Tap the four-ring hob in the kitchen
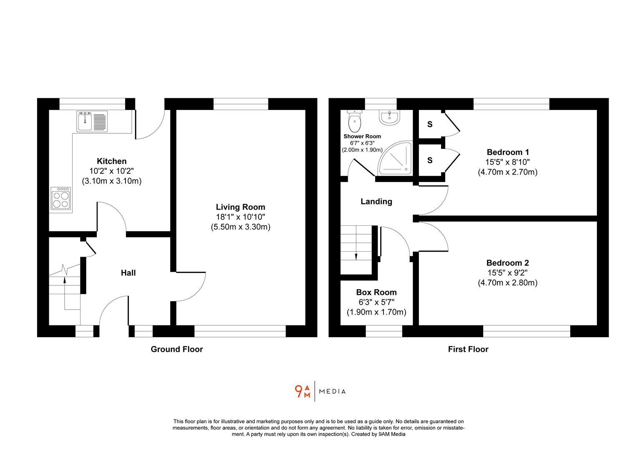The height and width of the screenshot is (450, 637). tap(61, 199)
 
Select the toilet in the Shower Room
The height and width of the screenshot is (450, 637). tap(355, 121)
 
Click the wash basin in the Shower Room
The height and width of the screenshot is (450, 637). tap(389, 117)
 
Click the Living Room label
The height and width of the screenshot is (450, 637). tap(241, 207)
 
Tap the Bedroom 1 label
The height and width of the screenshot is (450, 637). tap(507, 152)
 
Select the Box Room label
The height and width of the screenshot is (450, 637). tap(376, 292)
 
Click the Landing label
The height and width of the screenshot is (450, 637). tap(376, 202)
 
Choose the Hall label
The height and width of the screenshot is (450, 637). tap(128, 273)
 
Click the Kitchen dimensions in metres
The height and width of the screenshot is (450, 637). tap(112, 181)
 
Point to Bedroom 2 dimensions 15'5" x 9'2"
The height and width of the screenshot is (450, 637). tap(507, 273)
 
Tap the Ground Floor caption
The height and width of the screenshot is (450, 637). tap(177, 349)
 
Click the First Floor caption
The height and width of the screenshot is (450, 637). tap(468, 349)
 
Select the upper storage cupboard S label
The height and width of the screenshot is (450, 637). tap(429, 124)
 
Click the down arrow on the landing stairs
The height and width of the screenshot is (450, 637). tap(356, 256)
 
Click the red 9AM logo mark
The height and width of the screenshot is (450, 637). tap(302, 392)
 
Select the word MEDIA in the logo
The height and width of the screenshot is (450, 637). tap(332, 392)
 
